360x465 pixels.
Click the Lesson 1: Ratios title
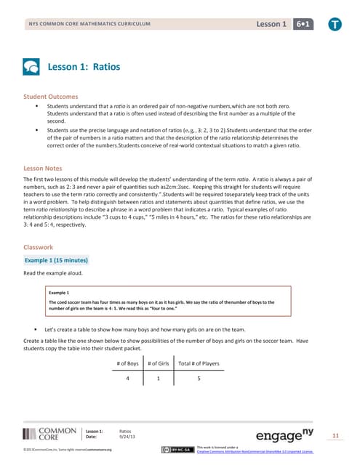(x=84, y=67)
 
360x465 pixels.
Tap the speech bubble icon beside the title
(x=32, y=67)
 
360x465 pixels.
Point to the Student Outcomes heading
(x=52, y=97)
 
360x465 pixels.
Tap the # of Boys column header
(x=127, y=363)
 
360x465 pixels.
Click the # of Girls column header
(x=159, y=363)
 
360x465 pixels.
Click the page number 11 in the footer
(x=335, y=435)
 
